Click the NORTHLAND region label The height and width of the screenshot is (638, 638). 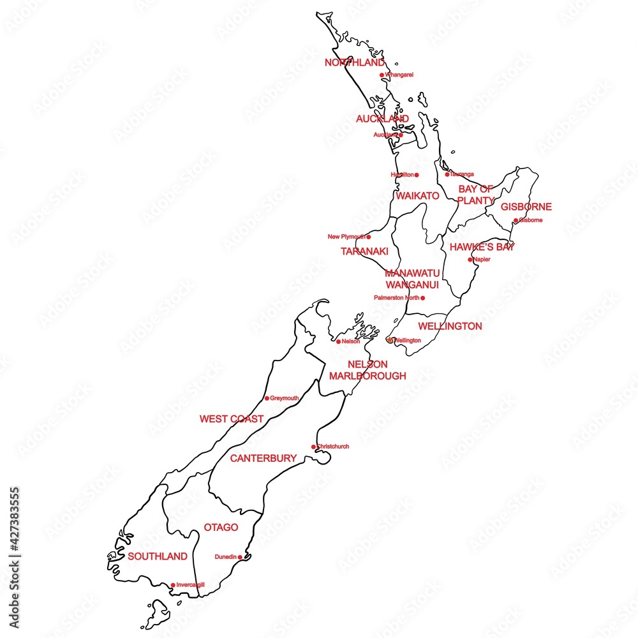pos(355,63)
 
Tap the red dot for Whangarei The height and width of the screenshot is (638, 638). pos(382,75)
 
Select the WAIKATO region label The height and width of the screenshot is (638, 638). pos(417,196)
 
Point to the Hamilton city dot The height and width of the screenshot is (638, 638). pos(417,175)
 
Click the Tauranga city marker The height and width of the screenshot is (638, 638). pos(447,174)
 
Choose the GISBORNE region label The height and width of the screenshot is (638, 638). pos(526,207)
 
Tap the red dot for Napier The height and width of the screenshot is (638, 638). pos(470,260)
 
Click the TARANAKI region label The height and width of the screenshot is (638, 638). pos(364,251)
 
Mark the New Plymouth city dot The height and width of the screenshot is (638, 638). pos(369,237)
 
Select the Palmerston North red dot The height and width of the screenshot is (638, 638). pos(422,298)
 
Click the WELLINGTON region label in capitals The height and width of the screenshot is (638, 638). pos(450,326)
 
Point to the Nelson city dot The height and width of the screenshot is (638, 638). pos(338,341)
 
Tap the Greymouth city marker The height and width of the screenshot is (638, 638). pos(267,399)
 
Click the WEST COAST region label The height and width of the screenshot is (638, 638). pos(231,419)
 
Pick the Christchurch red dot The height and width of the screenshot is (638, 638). pos(313,447)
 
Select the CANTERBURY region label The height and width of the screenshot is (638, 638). pos(263,458)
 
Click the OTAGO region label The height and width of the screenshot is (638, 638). pos(221,528)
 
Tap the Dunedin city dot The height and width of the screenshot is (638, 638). pos(240,557)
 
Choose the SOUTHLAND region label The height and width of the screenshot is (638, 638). pos(158,556)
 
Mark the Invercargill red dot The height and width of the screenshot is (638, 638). pos(173,585)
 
